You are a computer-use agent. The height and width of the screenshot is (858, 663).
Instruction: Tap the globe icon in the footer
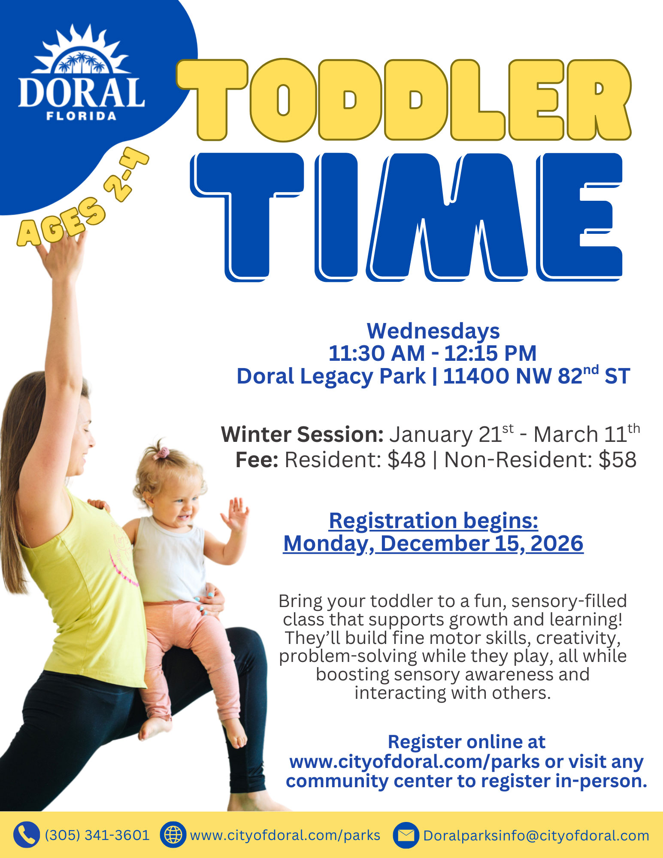click(x=173, y=835)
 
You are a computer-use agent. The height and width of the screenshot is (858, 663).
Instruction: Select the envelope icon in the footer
click(x=406, y=835)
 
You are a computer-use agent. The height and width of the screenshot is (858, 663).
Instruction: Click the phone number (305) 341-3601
click(x=97, y=835)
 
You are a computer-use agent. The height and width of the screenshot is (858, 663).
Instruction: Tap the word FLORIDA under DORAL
click(x=82, y=116)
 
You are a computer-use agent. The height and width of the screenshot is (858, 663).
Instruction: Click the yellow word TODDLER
click(x=403, y=100)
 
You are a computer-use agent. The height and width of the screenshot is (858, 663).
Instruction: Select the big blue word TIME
click(x=406, y=217)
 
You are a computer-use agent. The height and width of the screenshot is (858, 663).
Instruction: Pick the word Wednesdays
click(x=433, y=331)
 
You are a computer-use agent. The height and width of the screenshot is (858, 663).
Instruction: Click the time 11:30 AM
click(x=376, y=353)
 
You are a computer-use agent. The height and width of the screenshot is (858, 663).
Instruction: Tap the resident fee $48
click(x=406, y=459)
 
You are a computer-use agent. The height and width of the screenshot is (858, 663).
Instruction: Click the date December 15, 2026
click(x=481, y=544)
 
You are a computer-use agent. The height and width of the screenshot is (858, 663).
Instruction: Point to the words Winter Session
click(x=302, y=435)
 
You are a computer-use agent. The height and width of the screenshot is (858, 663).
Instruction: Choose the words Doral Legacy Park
click(x=331, y=376)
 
